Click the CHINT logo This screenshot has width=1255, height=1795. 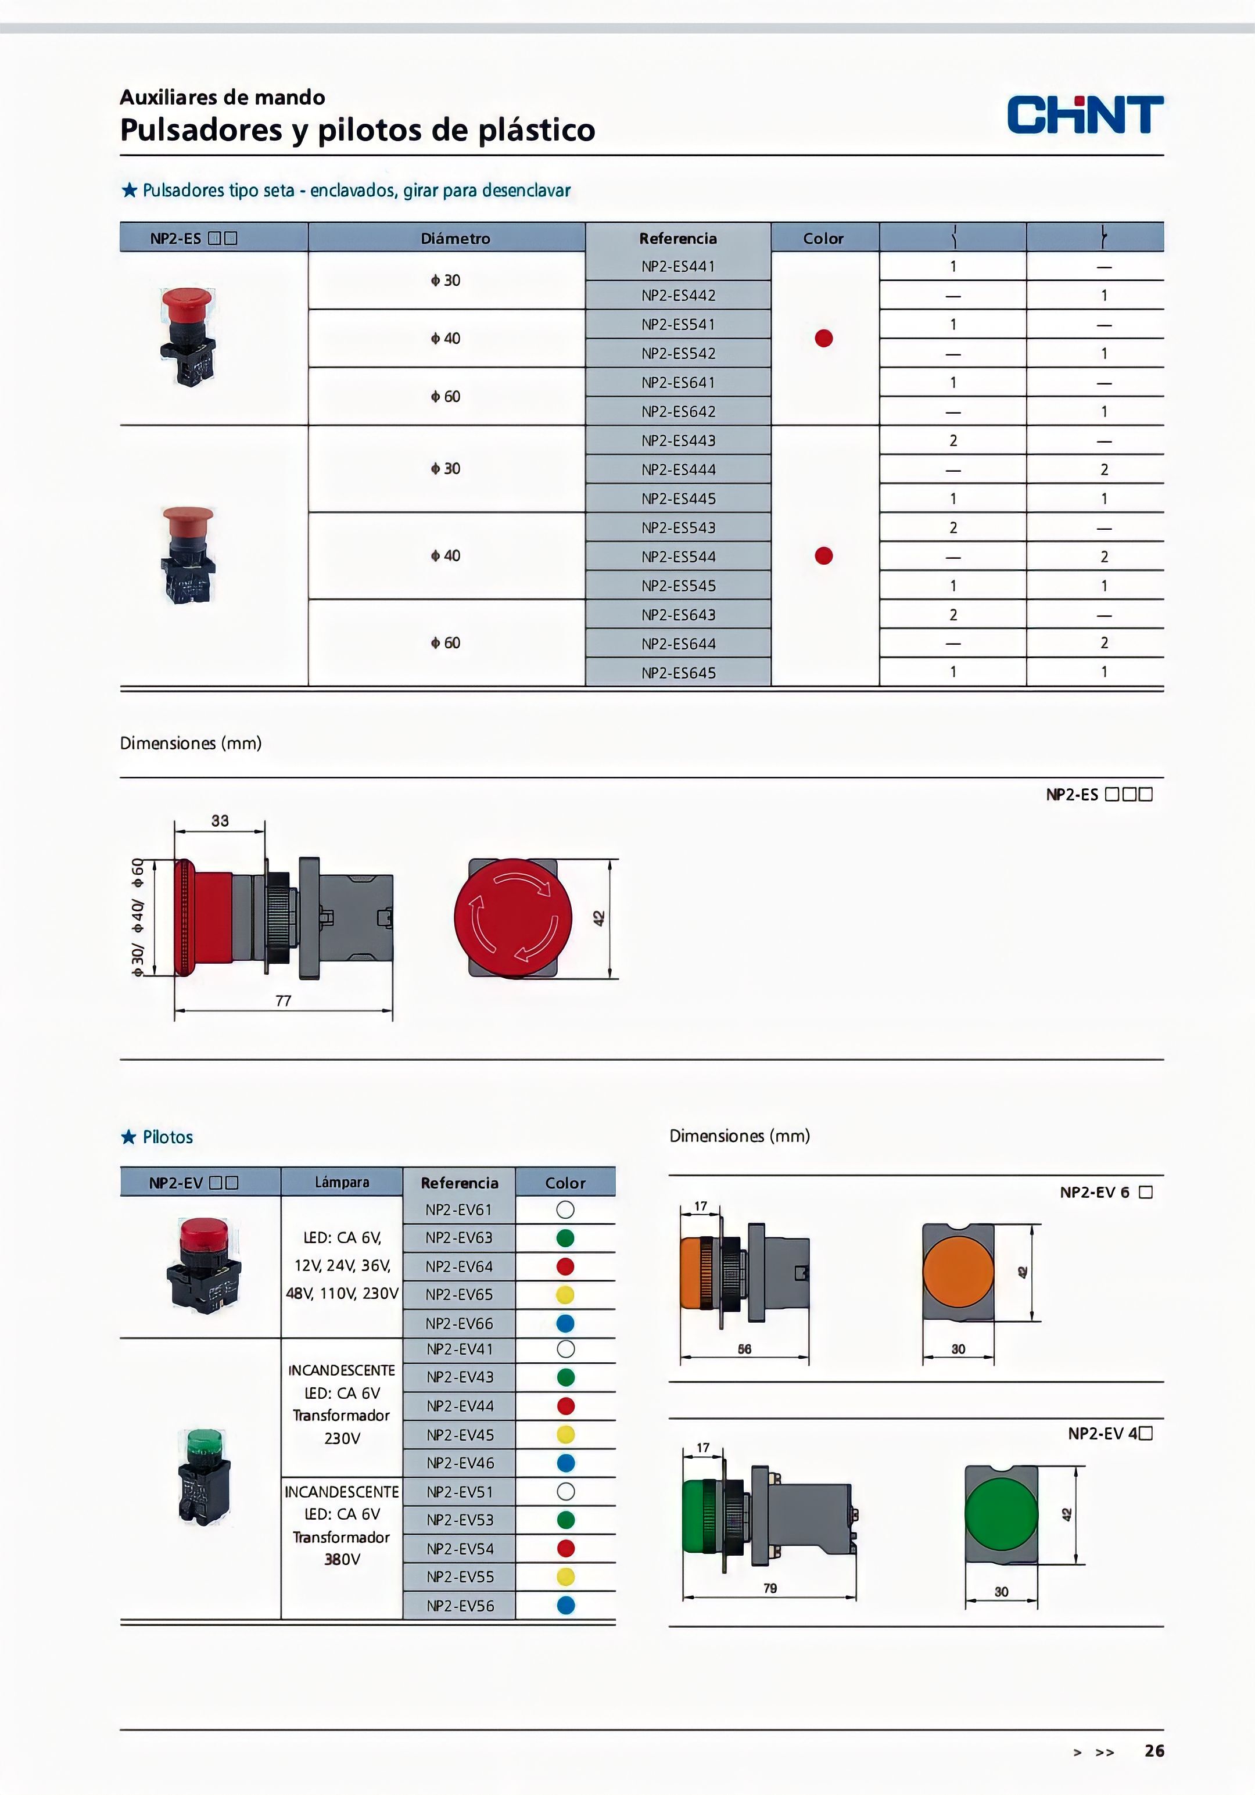[x=1085, y=115]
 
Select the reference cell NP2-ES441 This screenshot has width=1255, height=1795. [x=678, y=267]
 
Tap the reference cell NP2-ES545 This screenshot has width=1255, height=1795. [x=678, y=586]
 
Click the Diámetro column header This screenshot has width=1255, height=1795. [x=455, y=238]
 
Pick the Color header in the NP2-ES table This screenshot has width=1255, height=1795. [x=823, y=238]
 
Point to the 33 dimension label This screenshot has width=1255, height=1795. [x=220, y=821]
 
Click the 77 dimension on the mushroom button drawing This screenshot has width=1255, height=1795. [x=283, y=1001]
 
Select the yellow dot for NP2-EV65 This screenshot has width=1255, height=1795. [x=565, y=1295]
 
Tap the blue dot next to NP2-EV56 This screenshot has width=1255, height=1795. [x=565, y=1606]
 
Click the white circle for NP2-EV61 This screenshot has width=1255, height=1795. [x=565, y=1209]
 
